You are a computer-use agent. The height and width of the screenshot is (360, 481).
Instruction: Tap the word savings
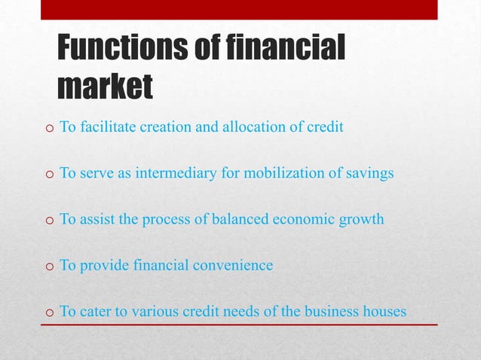tap(368, 174)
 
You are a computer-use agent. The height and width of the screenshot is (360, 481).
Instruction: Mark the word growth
tap(362, 220)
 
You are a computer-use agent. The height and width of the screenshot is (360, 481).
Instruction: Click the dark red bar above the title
tap(239, 9)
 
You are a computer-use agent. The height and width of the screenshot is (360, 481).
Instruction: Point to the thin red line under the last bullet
tap(239, 325)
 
